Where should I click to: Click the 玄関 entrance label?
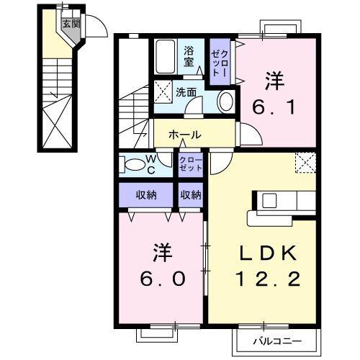[x=68, y=24]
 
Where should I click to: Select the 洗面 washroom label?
[x=186, y=92]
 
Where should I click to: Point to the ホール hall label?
[x=184, y=135]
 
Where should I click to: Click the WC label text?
[x=153, y=164]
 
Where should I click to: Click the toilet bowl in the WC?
[x=135, y=165]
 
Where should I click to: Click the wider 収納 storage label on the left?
[x=145, y=195]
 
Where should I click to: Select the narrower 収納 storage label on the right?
[x=191, y=195]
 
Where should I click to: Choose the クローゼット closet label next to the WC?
[x=190, y=163]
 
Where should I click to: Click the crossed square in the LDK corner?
[x=306, y=162]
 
